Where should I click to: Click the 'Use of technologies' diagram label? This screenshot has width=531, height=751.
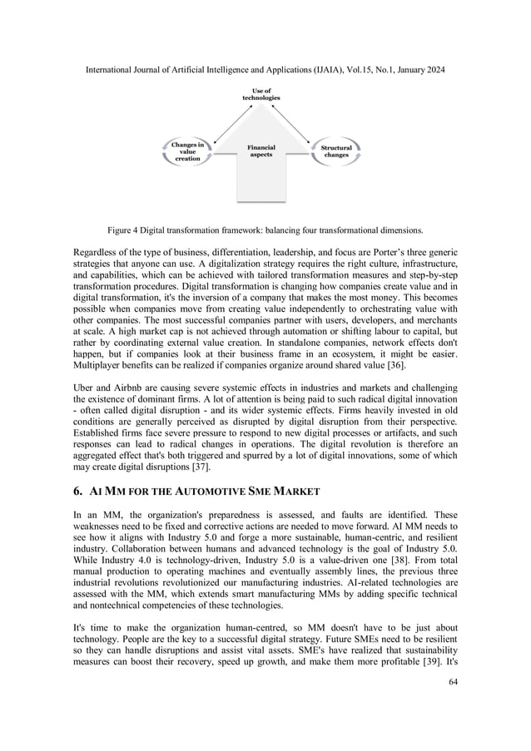pyautogui.click(x=261, y=94)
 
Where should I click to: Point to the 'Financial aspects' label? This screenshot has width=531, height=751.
pyautogui.click(x=261, y=151)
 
